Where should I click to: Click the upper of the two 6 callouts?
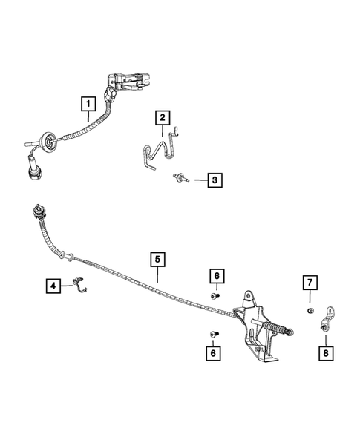(x=216, y=276)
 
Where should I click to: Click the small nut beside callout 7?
(x=310, y=311)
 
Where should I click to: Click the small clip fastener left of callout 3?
(x=180, y=178)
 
